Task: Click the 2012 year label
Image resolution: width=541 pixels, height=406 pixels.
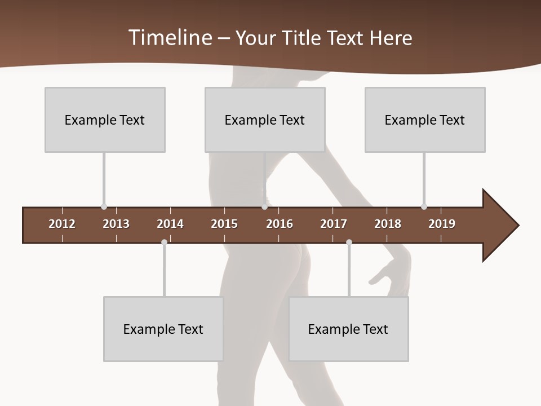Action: coord(62,224)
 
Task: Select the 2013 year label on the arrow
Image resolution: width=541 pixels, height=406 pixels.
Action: coord(116,224)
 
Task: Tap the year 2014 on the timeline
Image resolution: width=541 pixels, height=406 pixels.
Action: coord(170,224)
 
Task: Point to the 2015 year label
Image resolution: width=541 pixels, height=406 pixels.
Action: coord(224,224)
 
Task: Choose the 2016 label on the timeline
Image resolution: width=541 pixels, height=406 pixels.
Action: coord(280,224)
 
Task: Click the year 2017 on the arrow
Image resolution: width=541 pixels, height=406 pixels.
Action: coord(334,224)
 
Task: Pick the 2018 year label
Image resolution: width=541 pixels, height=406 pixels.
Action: coord(388,224)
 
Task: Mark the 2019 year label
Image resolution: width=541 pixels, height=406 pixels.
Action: coord(442,224)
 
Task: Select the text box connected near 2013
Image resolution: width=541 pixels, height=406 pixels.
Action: coord(105,120)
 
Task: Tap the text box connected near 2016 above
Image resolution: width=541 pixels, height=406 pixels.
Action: coord(265,120)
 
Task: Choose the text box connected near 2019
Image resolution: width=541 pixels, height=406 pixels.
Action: coord(425,120)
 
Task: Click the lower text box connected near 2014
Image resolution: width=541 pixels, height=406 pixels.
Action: coord(163,329)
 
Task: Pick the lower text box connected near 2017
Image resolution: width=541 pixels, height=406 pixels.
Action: coord(348,329)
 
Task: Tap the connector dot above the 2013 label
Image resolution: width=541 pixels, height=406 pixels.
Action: coord(104,207)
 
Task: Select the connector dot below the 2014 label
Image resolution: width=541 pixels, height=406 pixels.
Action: coord(164,242)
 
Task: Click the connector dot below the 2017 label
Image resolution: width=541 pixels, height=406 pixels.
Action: coord(349,242)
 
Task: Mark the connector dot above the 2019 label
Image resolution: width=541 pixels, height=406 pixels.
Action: coord(424,207)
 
